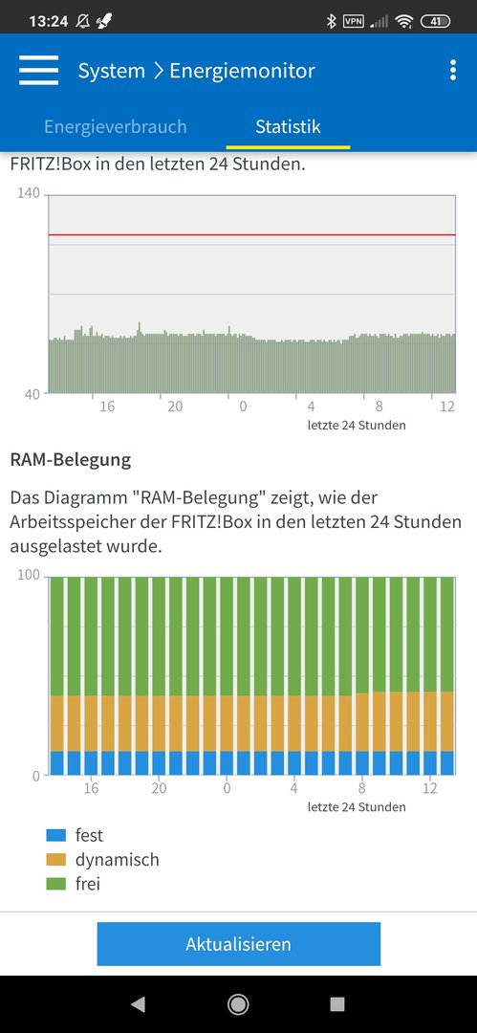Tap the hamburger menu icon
[x=39, y=71]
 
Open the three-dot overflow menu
[x=452, y=70]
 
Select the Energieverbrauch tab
[x=116, y=126]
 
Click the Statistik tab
[x=288, y=126]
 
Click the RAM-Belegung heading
[x=71, y=460]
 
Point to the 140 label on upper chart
[x=29, y=193]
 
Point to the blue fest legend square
[x=56, y=835]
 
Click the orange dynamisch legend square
[x=56, y=860]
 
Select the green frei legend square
[x=56, y=884]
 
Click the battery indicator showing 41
[x=436, y=21]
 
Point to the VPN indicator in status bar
[x=354, y=21]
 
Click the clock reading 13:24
[x=48, y=21]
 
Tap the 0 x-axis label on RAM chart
[x=227, y=788]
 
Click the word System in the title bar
[x=111, y=71]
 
